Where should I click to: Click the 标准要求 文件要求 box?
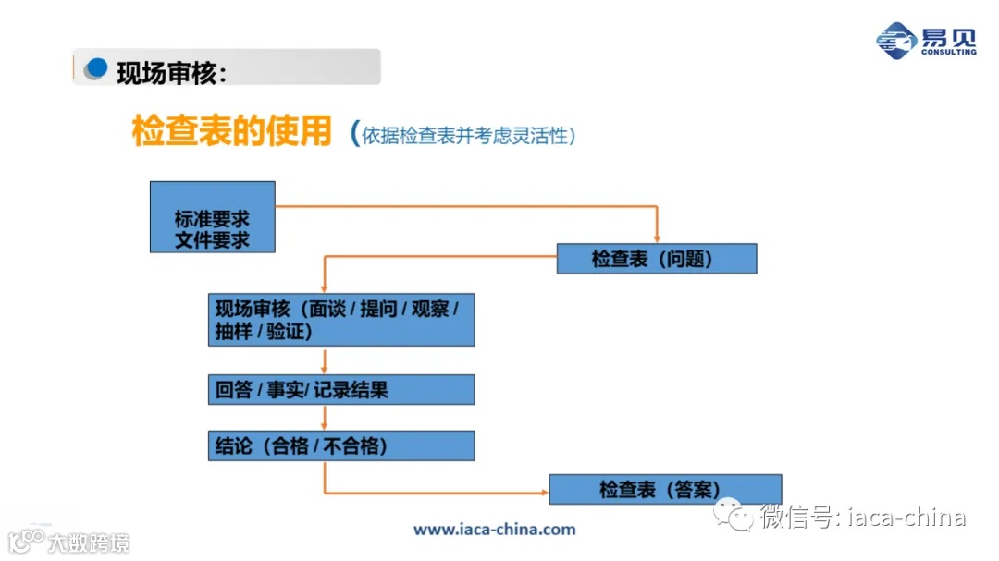coord(213,217)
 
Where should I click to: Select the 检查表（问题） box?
coord(656,259)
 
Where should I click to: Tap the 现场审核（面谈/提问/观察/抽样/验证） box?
coord(340,320)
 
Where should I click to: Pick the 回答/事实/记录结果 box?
coord(340,390)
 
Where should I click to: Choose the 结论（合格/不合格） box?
coord(340,446)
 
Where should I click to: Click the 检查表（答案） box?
coord(664,489)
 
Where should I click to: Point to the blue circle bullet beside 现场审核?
coord(95,68)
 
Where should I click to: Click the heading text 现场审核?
coord(171,71)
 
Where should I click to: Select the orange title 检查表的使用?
coord(231,131)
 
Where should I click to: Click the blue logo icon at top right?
coord(895,40)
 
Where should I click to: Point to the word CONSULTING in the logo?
coord(948,53)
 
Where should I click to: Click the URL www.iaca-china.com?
coord(494,530)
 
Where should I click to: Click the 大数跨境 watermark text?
coord(89,542)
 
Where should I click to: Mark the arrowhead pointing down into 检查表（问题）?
coord(656,238)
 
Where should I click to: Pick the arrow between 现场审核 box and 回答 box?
coord(325,360)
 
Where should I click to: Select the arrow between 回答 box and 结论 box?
coord(325,418)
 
